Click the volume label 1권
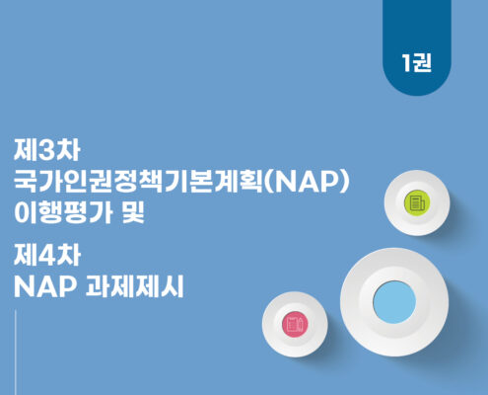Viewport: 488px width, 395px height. pos(416,62)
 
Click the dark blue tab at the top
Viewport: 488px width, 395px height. pos(417,47)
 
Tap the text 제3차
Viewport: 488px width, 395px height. pos(46,150)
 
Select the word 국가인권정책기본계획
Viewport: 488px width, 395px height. pos(138,182)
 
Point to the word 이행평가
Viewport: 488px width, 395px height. pos(63,212)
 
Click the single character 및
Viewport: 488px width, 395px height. pos(133,212)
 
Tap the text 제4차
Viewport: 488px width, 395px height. pos(47,256)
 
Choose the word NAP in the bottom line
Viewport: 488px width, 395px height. pos(45,286)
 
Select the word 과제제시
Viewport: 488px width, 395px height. pos(134,286)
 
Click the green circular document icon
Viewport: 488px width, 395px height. pos(417,202)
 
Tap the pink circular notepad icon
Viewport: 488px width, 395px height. pos(295,324)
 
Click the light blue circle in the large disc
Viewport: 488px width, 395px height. pos(394,302)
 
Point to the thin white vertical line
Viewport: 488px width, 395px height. pos(16,353)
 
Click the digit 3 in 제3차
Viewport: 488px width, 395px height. pos(46,151)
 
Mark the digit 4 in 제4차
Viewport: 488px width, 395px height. pos(47,256)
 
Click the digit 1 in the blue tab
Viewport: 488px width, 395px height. pos(406,62)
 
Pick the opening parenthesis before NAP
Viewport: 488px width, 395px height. pos(268,182)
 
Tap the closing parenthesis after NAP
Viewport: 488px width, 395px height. pos(344,182)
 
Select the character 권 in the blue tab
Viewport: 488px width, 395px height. pos(422,62)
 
